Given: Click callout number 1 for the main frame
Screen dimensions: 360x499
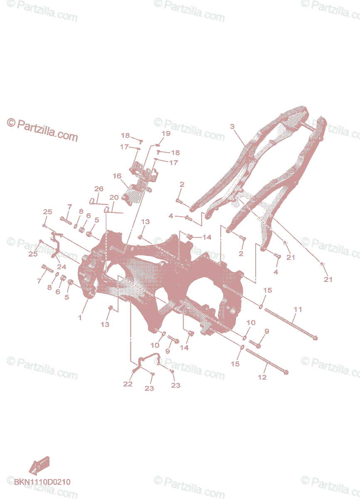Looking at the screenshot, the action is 80,317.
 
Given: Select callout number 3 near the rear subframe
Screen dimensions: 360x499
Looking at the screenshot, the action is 232,126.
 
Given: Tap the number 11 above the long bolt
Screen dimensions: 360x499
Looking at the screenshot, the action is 298,309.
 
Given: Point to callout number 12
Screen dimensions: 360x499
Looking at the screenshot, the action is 262,377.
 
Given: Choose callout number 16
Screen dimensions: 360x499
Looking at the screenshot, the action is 117,176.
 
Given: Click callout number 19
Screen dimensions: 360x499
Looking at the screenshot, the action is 166,133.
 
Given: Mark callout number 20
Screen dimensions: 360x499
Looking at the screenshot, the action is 114,197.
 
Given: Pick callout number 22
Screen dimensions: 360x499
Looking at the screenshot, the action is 128,384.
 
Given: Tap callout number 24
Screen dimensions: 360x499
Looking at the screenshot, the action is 62,267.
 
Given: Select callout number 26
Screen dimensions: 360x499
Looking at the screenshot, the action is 98,189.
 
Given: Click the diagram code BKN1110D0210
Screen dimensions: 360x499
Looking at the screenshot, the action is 42,482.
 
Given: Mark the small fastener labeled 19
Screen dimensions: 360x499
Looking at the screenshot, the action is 157,145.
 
